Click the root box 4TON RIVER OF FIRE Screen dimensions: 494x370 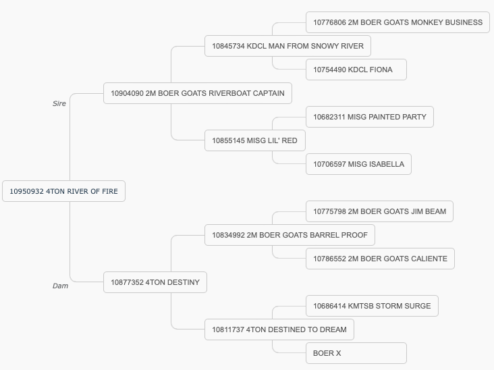pos(63,191)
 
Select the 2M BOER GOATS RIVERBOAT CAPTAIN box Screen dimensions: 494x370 pos(198,93)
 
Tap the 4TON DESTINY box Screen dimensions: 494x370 pos(155,282)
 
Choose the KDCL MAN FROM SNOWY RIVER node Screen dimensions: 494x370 pos(287,46)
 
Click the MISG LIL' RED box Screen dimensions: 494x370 pos(255,140)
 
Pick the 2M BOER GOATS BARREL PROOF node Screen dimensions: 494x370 pos(290,235)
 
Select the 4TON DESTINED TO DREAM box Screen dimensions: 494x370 pos(279,329)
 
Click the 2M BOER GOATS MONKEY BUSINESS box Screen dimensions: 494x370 pos(397,22)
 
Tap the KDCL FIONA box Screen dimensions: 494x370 pos(356,70)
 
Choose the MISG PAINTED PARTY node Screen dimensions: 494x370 pos(370,117)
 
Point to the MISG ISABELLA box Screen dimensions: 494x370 pos(358,164)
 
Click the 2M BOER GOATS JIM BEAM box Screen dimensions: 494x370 pos(379,211)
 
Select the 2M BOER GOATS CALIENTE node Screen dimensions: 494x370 pos(380,259)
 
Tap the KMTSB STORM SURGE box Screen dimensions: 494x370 pos(372,306)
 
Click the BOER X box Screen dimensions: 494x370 pos(356,353)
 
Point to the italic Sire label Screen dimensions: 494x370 pos(59,104)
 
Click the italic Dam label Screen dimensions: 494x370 pos(60,286)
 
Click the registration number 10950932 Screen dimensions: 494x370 pos(26,191)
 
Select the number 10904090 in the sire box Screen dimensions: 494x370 pos(127,93)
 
